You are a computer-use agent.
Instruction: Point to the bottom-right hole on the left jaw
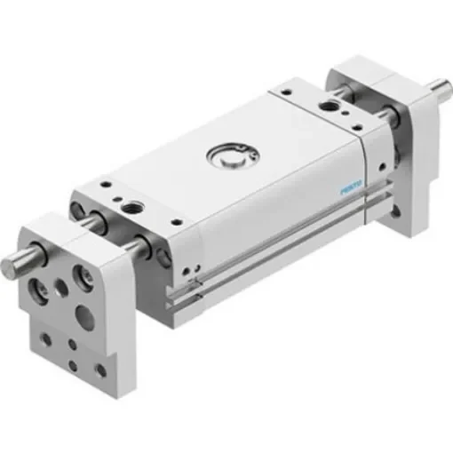(x=99, y=367)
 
